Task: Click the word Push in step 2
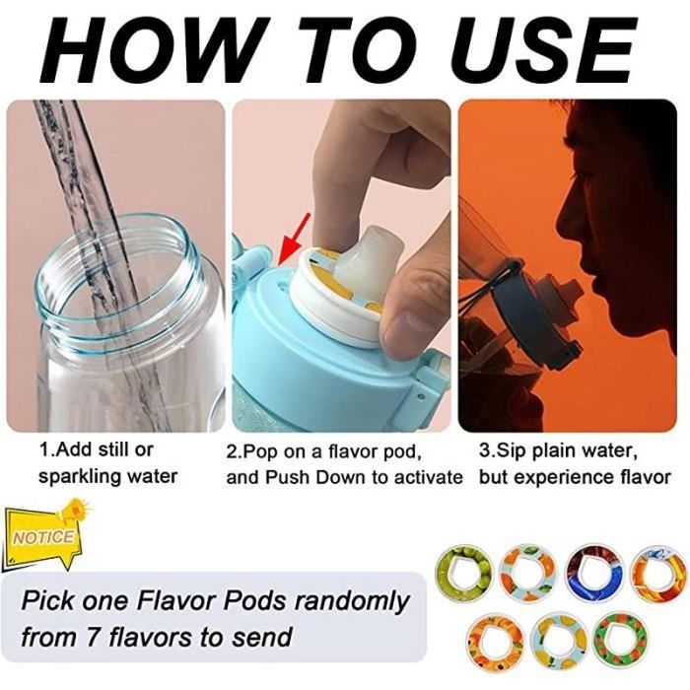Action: pyautogui.click(x=288, y=477)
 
